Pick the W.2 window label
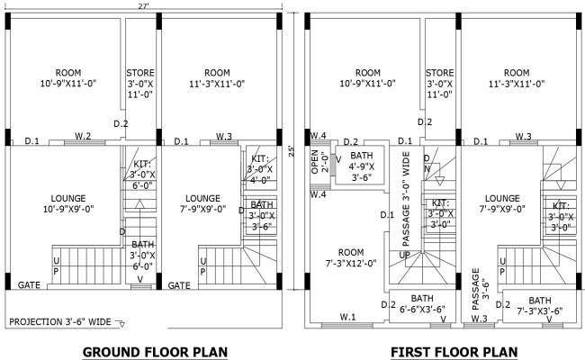[x=83, y=136]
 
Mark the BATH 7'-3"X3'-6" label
[x=540, y=306]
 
